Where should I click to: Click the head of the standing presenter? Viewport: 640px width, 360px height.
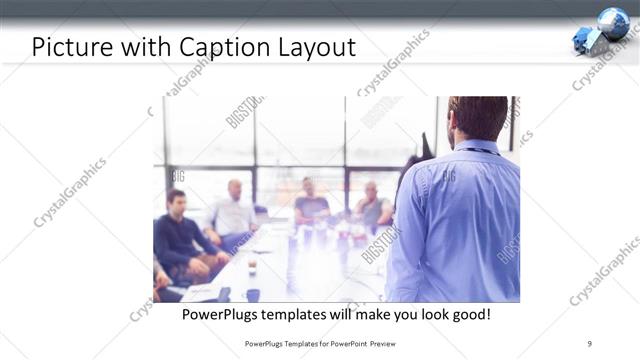[477, 118]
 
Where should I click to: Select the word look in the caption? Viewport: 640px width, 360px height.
[430, 314]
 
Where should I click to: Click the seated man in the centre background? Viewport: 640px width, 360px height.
[311, 204]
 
